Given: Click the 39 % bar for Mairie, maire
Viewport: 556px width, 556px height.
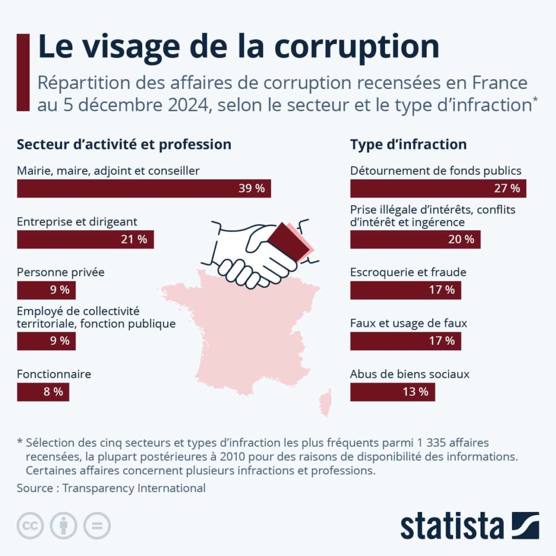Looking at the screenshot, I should (144, 188).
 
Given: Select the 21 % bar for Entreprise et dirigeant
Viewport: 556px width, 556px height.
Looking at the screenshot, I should (85, 239).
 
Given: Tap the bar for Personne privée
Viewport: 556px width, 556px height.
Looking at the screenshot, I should (46, 290).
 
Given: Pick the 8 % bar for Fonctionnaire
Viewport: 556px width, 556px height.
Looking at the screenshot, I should (43, 392).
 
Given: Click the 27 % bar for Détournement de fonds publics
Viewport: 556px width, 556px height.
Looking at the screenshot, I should (438, 188).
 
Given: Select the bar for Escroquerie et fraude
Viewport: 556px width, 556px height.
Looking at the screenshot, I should (405, 290).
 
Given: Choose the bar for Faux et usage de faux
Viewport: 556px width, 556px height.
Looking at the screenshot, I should (405, 341).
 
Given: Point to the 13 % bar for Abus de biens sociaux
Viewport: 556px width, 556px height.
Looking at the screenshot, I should (392, 392).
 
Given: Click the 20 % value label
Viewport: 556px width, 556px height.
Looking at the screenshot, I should (461, 239).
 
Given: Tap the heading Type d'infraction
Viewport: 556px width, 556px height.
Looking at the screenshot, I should (408, 144).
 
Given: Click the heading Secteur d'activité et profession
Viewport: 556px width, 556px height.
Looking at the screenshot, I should (124, 144).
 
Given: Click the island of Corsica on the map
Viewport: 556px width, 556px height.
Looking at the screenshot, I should (326, 402).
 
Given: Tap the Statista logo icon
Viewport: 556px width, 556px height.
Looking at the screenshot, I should (525, 526).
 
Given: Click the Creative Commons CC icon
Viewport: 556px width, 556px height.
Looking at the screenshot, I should (30, 526).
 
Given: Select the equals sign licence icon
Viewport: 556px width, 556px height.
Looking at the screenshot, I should (97, 526).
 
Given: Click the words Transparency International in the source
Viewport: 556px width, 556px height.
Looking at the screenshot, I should (134, 488).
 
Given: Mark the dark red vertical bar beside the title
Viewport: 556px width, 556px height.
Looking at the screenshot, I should (23, 72).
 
